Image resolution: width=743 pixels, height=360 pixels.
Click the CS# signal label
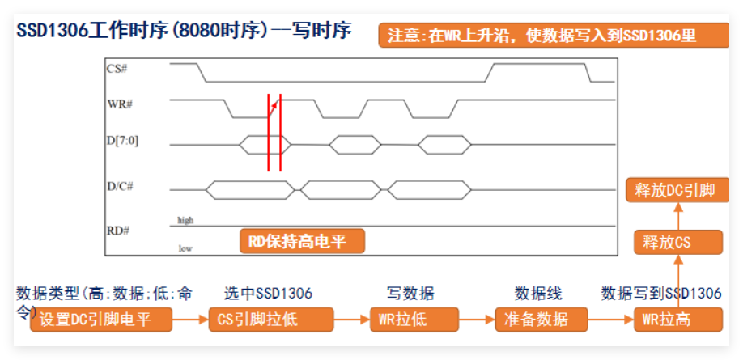[117, 69]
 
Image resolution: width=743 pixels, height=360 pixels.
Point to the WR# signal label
[119, 105]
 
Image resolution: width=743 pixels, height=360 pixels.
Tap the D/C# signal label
[119, 186]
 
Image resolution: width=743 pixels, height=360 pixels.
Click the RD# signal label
[117, 231]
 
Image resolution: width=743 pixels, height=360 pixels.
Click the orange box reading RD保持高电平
[302, 240]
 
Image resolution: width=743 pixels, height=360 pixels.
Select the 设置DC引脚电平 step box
[102, 319]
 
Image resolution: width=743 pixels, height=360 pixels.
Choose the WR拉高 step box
[676, 319]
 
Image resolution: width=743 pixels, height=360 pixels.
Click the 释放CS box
[676, 241]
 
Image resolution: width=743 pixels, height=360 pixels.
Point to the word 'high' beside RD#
[185, 220]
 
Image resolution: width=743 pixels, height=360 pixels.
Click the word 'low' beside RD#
[185, 248]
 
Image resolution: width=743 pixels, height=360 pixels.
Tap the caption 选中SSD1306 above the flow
[268, 293]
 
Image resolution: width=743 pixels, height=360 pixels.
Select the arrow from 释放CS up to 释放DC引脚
[677, 216]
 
